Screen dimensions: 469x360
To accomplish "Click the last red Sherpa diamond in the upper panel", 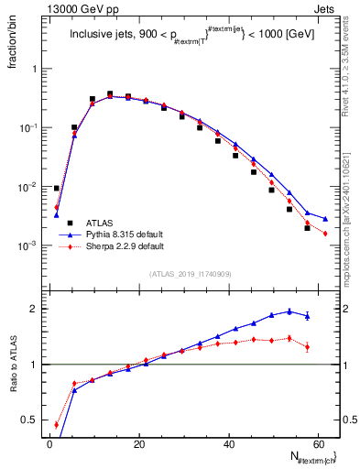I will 325,234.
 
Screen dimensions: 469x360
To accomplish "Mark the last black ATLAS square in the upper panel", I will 308,228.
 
